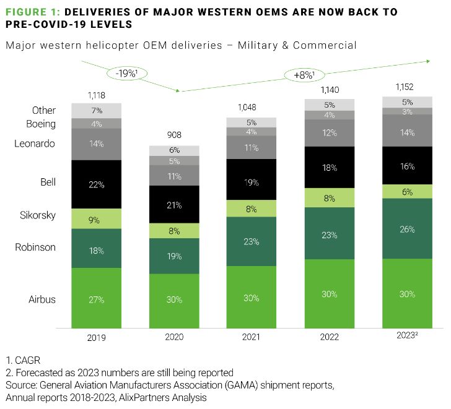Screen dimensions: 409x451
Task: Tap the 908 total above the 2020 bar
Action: click(175, 135)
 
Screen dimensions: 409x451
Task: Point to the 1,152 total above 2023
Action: click(407, 86)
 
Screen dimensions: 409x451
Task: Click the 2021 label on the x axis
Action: click(252, 337)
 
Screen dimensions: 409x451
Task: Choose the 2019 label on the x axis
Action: click(96, 337)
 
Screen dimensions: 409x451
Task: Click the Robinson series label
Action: click(35, 247)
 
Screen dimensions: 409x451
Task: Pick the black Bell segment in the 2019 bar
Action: click(96, 184)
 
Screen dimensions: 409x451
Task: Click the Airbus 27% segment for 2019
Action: click(96, 299)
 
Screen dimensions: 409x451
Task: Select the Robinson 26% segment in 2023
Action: click(407, 229)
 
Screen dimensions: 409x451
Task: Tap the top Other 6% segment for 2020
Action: click(174, 150)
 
